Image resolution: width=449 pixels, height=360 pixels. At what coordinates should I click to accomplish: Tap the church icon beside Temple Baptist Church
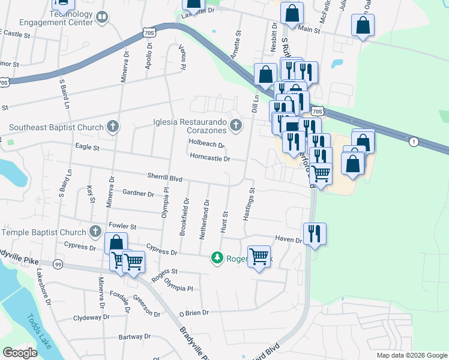(95, 232)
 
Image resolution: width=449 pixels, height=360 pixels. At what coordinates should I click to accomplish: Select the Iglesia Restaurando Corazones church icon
(236, 125)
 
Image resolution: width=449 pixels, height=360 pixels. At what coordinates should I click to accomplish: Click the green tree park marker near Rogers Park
(217, 259)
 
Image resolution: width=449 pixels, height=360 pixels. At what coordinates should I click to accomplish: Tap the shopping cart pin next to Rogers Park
(259, 256)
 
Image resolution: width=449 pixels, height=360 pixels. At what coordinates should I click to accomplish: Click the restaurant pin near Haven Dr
(314, 233)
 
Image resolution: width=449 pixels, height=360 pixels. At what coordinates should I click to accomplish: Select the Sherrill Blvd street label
(164, 178)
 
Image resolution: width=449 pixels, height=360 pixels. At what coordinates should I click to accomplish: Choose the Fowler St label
(123, 227)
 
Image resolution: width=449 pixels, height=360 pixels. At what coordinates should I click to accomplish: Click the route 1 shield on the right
(414, 142)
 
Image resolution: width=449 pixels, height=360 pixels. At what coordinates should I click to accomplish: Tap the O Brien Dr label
(193, 313)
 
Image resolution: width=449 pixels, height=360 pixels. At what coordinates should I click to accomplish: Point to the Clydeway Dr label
(89, 318)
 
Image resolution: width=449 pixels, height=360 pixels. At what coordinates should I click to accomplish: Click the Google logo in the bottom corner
(20, 353)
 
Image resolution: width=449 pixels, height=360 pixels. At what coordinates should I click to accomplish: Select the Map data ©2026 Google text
(411, 355)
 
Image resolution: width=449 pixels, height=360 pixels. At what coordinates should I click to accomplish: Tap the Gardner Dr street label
(138, 193)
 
